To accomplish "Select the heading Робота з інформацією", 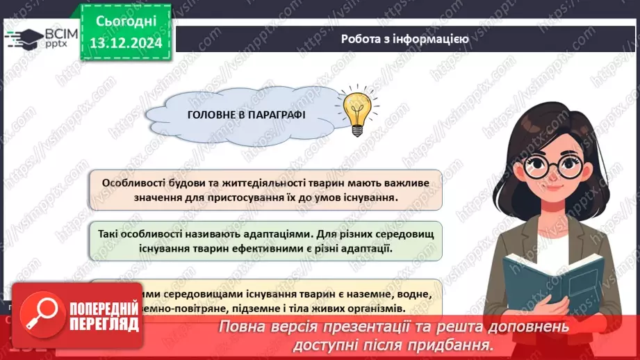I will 404,39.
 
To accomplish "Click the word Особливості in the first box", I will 133,183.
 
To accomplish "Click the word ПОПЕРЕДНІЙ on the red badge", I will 101,306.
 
